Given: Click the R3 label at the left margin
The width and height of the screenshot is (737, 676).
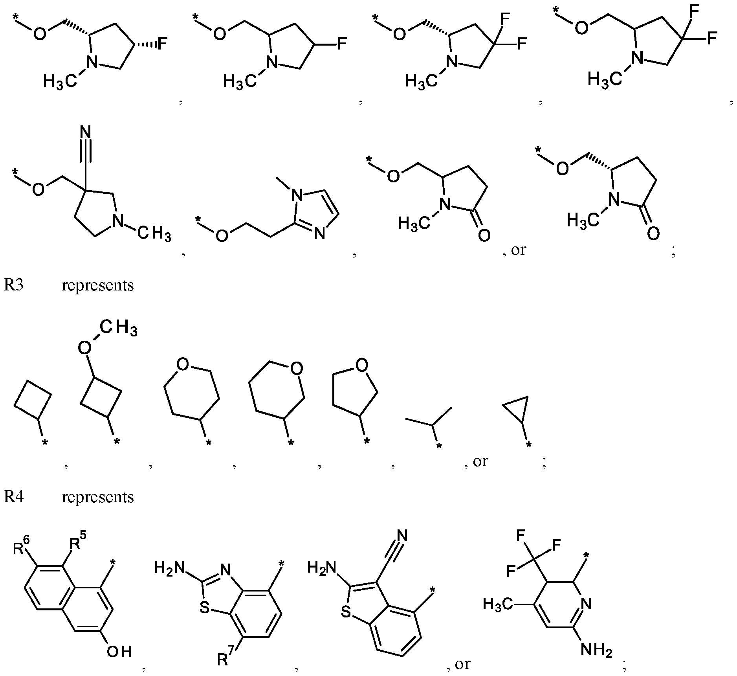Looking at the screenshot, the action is (x=14, y=285).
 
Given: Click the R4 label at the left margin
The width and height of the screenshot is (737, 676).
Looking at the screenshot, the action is (x=14, y=497).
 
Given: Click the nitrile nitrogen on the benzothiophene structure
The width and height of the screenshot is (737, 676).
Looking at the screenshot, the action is (x=402, y=535).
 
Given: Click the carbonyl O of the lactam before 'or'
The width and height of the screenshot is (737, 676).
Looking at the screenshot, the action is (x=484, y=235).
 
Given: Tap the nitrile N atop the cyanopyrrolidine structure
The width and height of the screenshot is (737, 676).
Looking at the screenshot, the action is (x=85, y=132).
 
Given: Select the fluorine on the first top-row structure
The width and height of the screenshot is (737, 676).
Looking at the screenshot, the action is (x=162, y=44).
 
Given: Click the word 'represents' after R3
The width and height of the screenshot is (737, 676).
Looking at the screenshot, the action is (x=98, y=285).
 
